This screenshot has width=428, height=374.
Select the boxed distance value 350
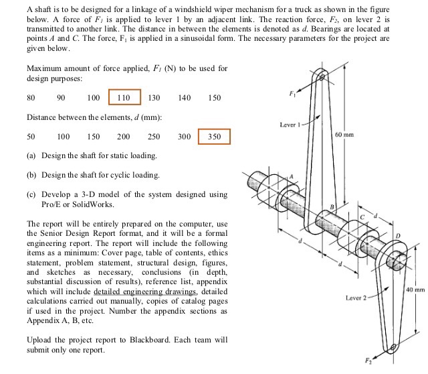tap(214, 137)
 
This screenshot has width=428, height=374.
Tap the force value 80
tap(31, 98)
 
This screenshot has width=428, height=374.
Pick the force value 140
tap(185, 98)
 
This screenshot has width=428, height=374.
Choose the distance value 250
tap(153, 137)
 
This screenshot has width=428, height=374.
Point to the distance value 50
tap(31, 137)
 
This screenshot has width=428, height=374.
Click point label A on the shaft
tap(291, 176)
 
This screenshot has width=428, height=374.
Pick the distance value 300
tap(185, 137)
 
